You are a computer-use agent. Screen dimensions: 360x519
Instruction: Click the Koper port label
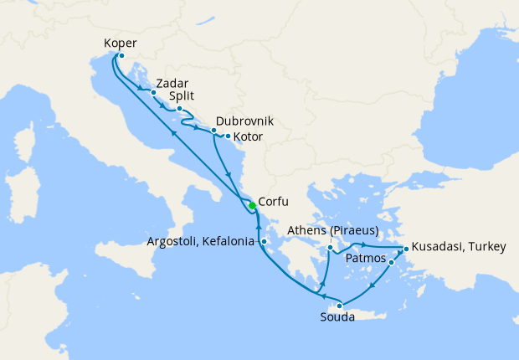coord(121,43)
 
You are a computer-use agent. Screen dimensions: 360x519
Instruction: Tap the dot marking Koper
coord(121,56)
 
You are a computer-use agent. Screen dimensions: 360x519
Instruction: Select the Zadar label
coord(171,84)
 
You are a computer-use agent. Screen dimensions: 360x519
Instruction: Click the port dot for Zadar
coord(153,92)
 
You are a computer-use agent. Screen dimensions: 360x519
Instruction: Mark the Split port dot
coord(179,108)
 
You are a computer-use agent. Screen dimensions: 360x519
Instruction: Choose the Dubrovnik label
coord(244,121)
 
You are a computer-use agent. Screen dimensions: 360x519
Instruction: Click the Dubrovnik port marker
coord(213,131)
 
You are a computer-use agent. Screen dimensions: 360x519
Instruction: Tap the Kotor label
coord(249,136)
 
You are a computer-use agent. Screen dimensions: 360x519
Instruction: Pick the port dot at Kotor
coord(228,136)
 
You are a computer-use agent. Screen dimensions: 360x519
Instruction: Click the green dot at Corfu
coord(252,206)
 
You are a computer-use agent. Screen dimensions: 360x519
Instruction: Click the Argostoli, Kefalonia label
coord(200,242)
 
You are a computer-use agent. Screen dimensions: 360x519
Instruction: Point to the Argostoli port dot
coord(263,242)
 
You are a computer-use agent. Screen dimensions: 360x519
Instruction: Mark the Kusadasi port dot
coord(405,249)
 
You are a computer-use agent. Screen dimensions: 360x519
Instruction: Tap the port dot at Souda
coord(339,306)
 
